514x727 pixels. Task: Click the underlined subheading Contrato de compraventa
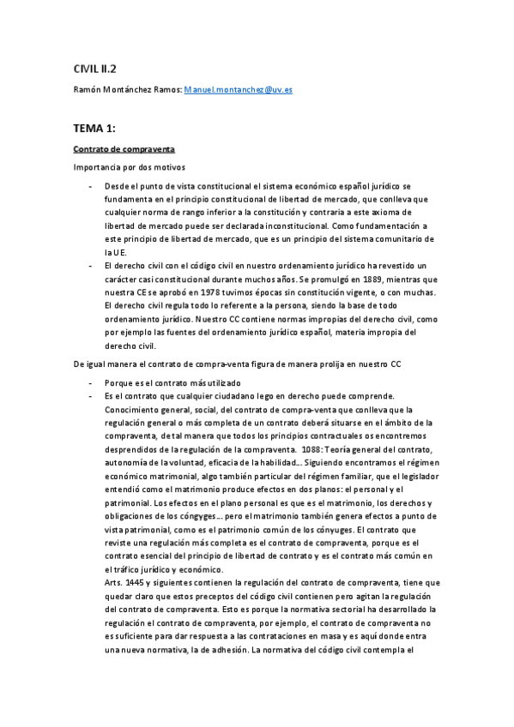coord(124,149)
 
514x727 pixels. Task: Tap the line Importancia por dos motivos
coord(129,167)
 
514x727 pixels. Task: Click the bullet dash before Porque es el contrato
coord(91,382)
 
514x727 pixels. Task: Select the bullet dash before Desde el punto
coord(91,186)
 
